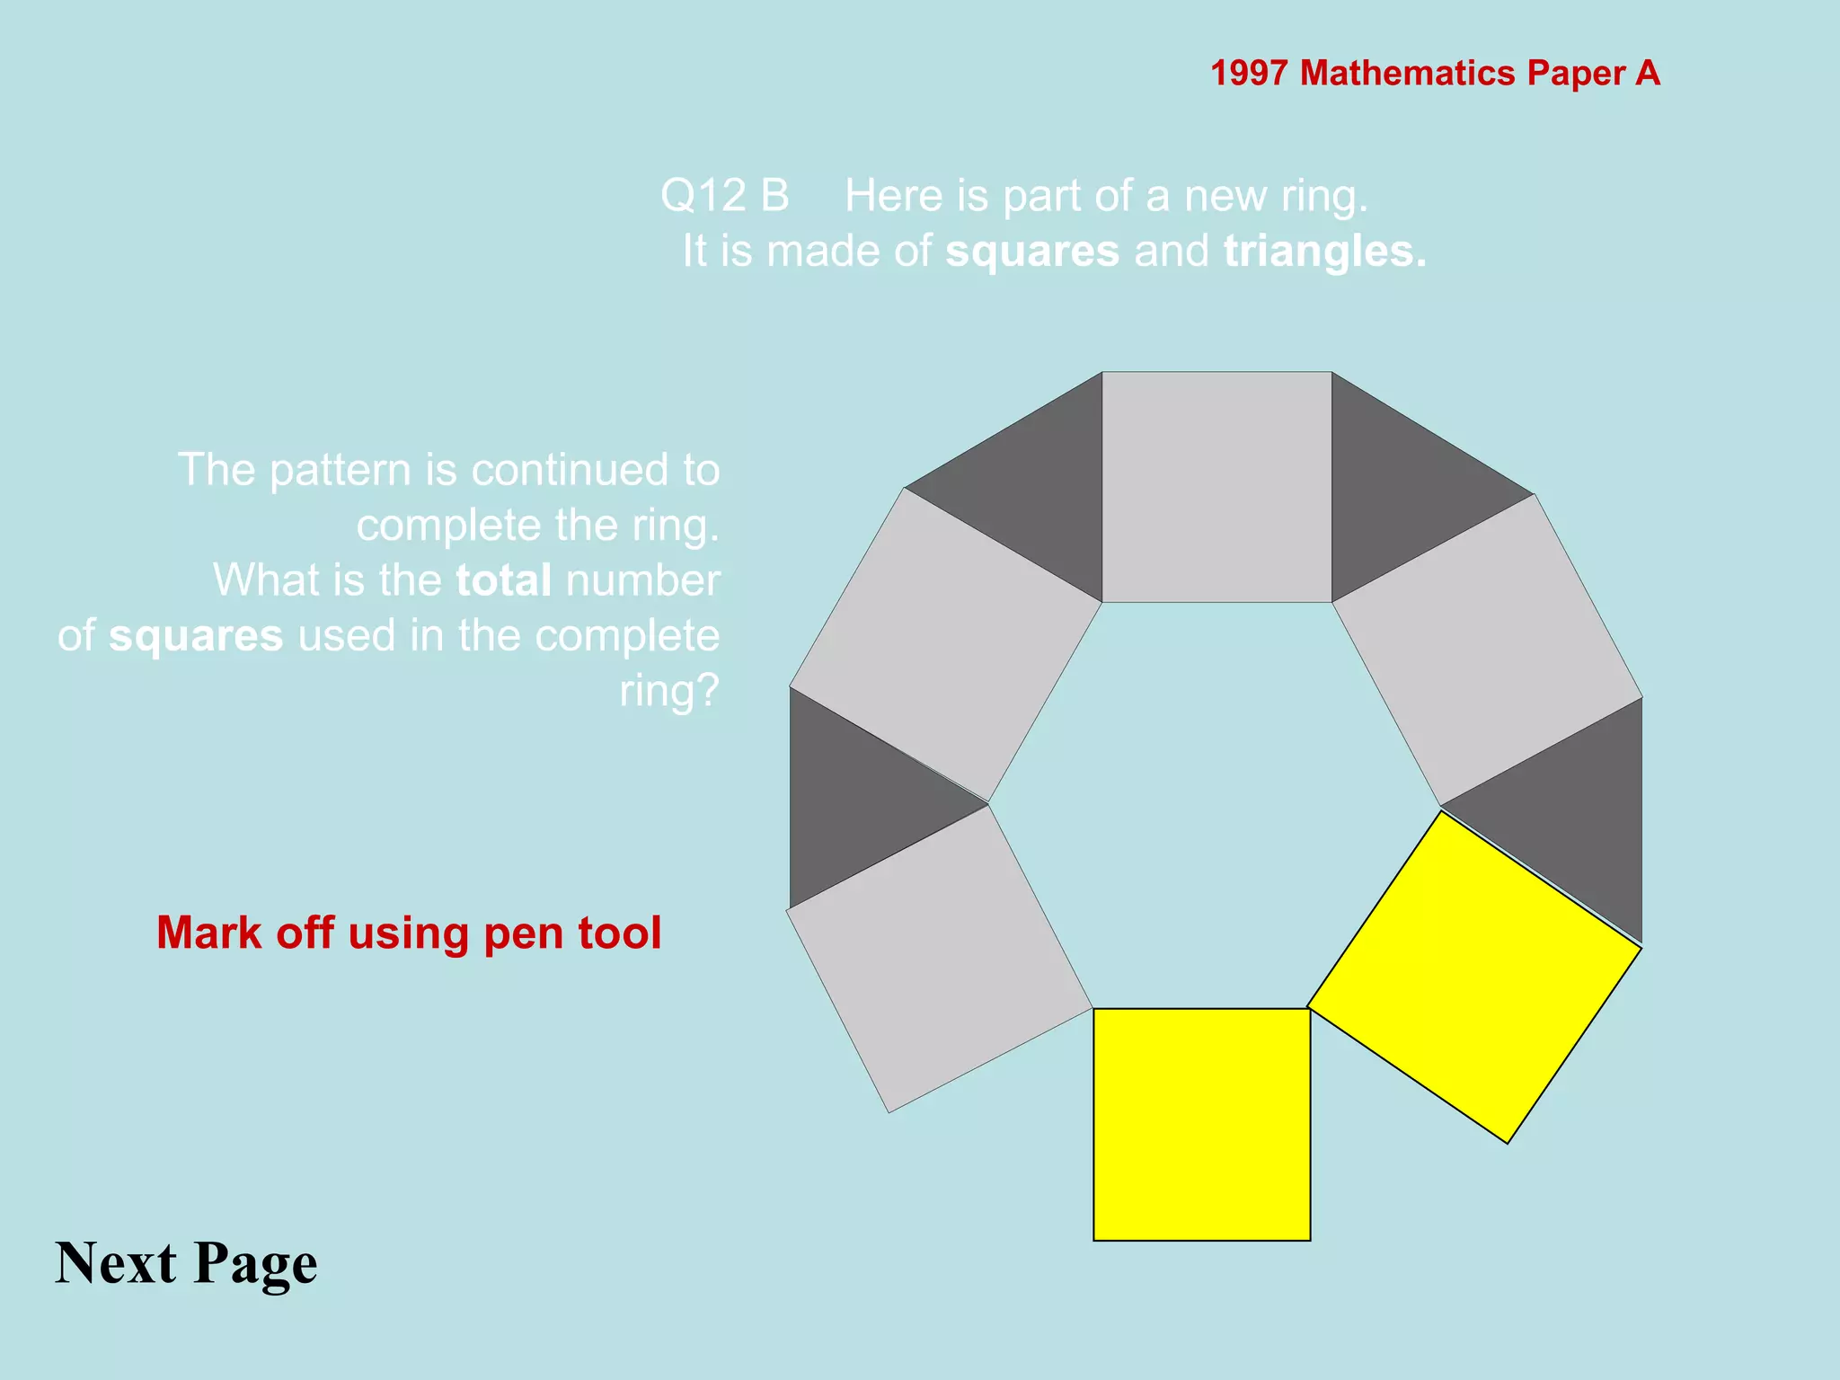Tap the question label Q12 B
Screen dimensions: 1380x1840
(724, 196)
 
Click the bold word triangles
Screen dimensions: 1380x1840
(1324, 252)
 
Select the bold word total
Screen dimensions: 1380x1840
(503, 580)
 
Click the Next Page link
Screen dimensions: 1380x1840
(186, 1262)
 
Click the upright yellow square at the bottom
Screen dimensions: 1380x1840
(1201, 1124)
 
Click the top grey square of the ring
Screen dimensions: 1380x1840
(1216, 486)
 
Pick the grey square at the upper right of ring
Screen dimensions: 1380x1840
(1487, 649)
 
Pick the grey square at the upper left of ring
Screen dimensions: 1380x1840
(945, 644)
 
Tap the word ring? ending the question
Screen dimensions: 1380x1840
(669, 691)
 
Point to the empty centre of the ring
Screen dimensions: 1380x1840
(1213, 800)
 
